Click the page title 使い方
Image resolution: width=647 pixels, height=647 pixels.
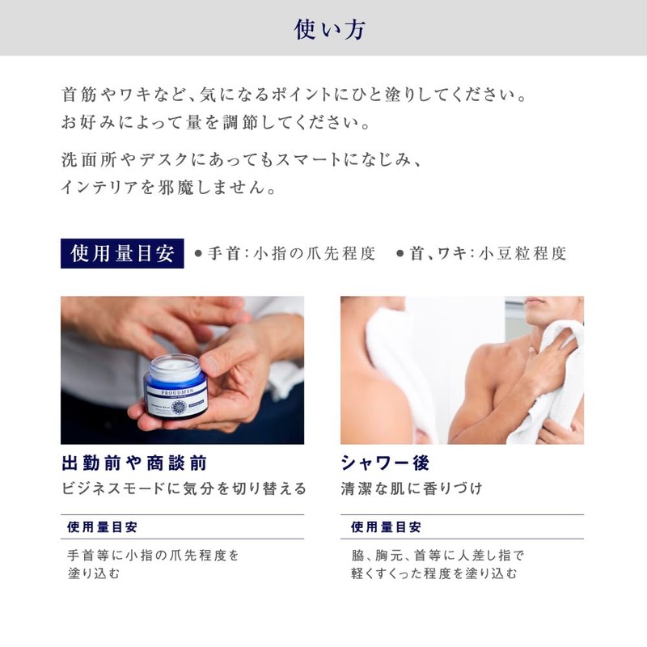(329, 30)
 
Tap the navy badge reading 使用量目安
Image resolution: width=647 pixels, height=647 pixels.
(122, 253)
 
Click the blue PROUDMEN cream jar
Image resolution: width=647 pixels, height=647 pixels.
(175, 386)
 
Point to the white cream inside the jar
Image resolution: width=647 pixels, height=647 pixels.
(175, 365)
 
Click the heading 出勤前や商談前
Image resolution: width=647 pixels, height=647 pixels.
(134, 463)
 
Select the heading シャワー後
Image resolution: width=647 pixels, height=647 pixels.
(385, 463)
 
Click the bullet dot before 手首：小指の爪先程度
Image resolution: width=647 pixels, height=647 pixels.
(198, 253)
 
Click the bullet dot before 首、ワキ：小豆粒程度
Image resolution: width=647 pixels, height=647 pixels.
(400, 253)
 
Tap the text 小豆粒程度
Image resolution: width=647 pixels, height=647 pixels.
(522, 253)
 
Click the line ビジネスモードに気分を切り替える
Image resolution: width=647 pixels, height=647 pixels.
(184, 488)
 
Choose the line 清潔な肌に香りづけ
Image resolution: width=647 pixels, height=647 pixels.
(412, 488)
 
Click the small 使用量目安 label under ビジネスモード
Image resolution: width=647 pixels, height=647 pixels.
(102, 527)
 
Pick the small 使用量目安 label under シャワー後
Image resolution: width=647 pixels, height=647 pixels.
(386, 527)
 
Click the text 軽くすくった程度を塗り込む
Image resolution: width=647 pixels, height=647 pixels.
(434, 573)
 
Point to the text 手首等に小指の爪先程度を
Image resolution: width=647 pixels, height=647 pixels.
(153, 556)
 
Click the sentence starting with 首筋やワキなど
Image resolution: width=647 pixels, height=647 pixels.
(294, 95)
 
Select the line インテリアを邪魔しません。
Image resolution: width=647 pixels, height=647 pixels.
(169, 188)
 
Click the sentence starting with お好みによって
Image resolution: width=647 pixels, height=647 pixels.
(216, 123)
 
